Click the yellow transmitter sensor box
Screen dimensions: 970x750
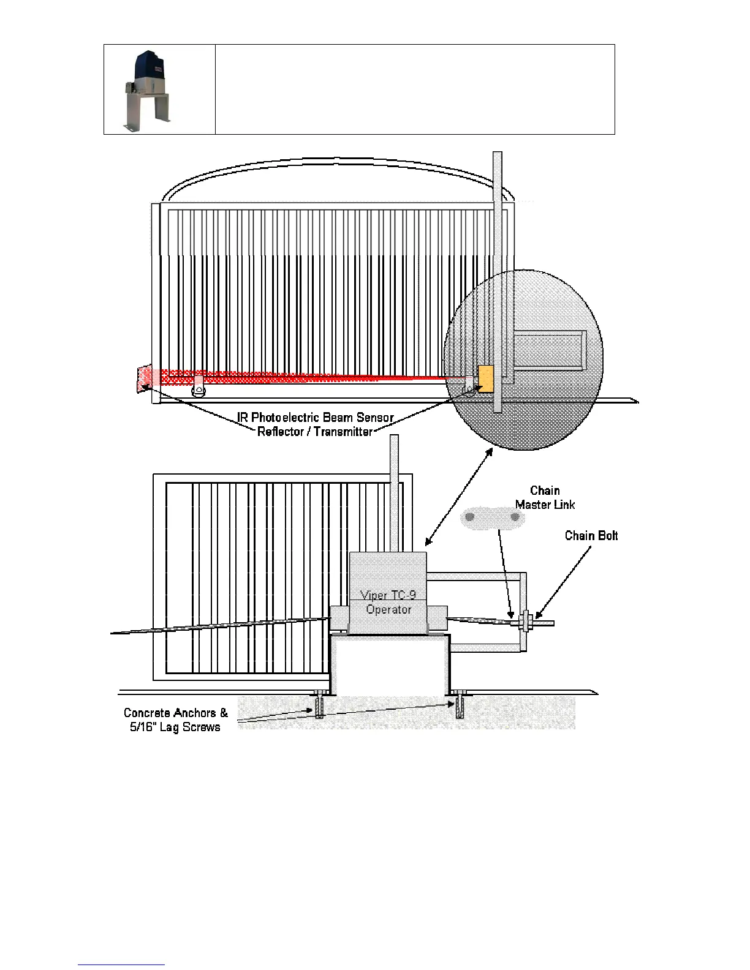point(485,379)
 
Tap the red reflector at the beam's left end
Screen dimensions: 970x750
point(144,378)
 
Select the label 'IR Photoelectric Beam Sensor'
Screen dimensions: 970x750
point(316,418)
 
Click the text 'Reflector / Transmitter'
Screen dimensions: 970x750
point(314,432)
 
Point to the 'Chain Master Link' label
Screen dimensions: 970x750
point(545,498)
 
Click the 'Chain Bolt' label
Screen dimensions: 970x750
point(591,536)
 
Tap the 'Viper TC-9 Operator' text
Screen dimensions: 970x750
point(388,603)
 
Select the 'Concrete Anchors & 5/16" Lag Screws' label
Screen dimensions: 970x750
point(175,720)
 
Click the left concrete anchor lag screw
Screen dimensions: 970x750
point(319,705)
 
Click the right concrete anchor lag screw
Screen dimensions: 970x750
point(460,705)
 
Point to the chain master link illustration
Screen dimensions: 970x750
point(492,517)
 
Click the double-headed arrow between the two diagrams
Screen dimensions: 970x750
point(459,497)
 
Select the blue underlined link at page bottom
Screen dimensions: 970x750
point(121,965)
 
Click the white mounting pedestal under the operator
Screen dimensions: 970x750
point(390,664)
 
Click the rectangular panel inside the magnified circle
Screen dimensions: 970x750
point(549,350)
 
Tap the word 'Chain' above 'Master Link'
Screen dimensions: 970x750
point(545,491)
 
